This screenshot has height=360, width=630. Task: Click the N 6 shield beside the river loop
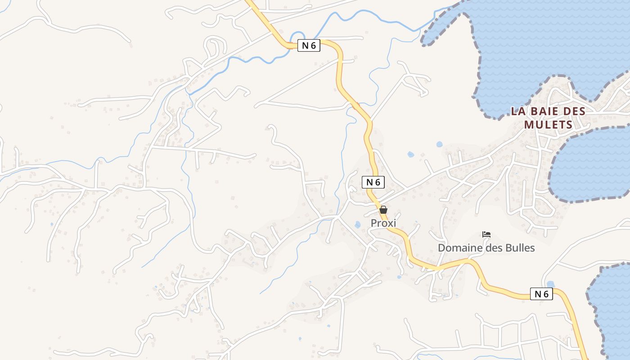tap(309, 45)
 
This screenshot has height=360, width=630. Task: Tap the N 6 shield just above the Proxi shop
tap(373, 182)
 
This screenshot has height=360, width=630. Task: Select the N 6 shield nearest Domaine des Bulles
tap(541, 294)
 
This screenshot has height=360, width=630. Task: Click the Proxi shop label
tap(383, 223)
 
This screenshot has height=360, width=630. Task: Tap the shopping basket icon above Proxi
tap(383, 210)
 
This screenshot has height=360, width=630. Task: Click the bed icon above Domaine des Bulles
tap(486, 234)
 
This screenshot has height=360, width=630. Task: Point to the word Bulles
tap(520, 248)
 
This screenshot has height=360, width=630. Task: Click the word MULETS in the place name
tap(548, 125)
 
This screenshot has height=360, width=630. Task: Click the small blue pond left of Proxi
tap(358, 224)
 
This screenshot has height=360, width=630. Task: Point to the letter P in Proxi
tap(374, 223)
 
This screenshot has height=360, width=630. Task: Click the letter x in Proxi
tap(389, 223)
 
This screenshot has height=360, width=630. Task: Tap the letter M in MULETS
tap(529, 125)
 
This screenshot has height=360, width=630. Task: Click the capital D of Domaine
tap(442, 248)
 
